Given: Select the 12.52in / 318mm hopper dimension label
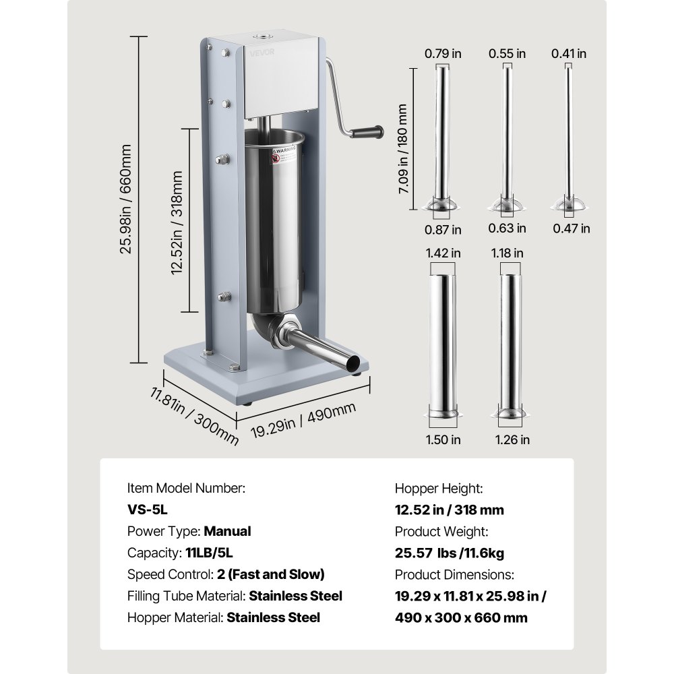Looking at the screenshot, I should click(x=177, y=222).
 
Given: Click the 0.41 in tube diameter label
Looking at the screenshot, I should click(x=569, y=53).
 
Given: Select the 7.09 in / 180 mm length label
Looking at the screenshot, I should click(x=403, y=148).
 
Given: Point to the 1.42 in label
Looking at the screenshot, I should click(x=443, y=253).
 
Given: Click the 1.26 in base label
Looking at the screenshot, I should click(x=512, y=439).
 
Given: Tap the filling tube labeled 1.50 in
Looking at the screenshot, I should click(x=443, y=344).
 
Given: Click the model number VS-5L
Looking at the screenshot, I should click(x=148, y=510).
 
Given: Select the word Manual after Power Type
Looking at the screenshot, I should click(x=227, y=531).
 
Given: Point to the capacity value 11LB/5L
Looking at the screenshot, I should click(x=208, y=553).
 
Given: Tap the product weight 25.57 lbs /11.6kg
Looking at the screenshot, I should click(x=449, y=553).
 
